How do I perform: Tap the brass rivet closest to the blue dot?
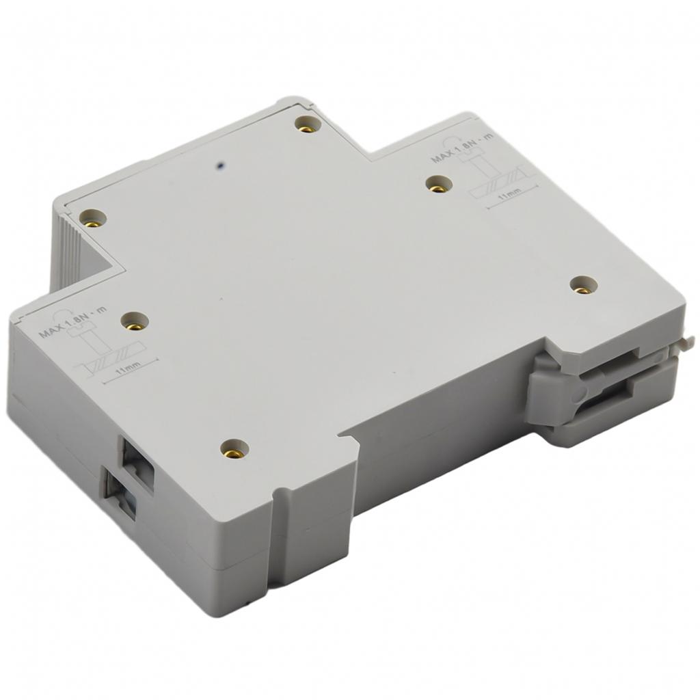pos(308,124)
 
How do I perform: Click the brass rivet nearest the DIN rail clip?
pos(583,284)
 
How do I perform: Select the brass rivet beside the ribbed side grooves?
pos(93,218)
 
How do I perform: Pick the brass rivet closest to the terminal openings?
pos(234,448)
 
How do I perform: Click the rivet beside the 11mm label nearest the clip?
pos(438,183)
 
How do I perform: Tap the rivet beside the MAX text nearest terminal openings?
pos(135,320)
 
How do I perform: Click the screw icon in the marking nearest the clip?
pos(474,161)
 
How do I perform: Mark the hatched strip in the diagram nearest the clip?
pos(502,181)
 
